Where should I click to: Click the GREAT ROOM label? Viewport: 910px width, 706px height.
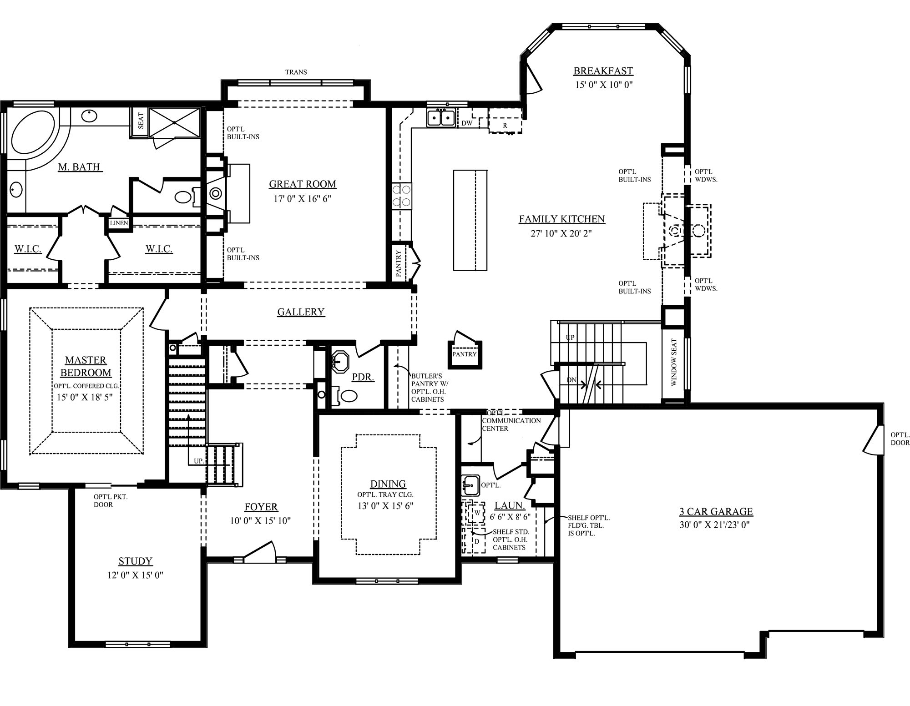click(x=302, y=184)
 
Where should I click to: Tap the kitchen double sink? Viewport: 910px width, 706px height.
click(x=440, y=119)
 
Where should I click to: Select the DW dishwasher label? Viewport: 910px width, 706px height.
click(x=467, y=123)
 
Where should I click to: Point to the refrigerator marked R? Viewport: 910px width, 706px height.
click(x=505, y=125)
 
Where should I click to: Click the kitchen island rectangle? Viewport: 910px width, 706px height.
click(x=470, y=220)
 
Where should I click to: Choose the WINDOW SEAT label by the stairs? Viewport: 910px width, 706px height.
click(x=674, y=362)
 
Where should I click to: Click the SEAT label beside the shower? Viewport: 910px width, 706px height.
click(x=141, y=121)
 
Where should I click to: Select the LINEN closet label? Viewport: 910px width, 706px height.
click(x=119, y=223)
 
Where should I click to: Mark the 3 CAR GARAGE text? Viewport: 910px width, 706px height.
click(x=716, y=511)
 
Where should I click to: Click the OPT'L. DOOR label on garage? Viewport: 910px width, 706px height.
click(x=900, y=438)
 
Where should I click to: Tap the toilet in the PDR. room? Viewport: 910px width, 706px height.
click(x=349, y=396)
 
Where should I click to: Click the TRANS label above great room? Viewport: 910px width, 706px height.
click(x=296, y=72)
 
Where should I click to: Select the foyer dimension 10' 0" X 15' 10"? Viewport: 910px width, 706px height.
click(x=260, y=521)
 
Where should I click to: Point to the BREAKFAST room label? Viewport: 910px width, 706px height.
click(x=603, y=71)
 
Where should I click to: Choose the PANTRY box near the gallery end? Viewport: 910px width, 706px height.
click(x=464, y=354)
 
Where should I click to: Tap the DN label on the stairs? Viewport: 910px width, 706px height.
click(x=572, y=379)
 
